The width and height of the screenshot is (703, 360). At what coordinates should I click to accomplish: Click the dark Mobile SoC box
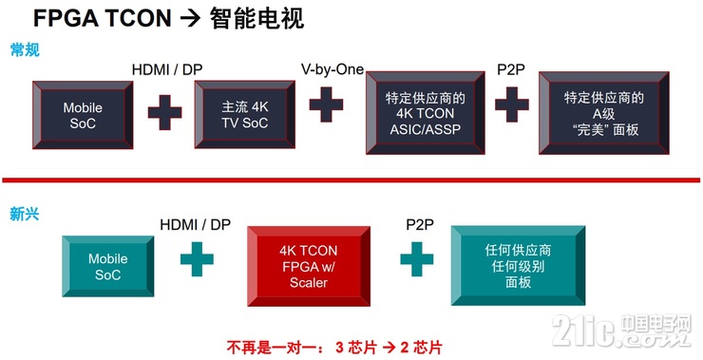coord(82,114)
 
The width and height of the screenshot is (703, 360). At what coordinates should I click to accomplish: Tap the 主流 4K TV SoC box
coord(239,114)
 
